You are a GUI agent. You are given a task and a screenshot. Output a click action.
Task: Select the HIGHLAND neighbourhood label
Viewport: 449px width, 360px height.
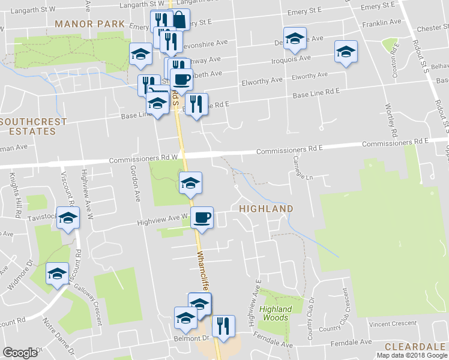266,209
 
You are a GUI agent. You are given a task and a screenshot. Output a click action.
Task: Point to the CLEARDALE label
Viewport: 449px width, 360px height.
416,347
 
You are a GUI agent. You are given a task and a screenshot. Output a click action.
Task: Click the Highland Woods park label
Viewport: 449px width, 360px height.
276,313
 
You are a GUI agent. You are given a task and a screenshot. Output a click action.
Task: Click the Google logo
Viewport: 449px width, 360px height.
20,353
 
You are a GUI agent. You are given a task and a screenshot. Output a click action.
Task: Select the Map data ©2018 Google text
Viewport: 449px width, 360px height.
412,355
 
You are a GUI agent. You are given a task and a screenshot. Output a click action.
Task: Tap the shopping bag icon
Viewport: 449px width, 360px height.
178,20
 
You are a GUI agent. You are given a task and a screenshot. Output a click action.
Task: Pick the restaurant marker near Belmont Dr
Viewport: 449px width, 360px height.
223,326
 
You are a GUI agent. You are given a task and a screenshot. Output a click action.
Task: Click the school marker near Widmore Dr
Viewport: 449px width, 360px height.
58,275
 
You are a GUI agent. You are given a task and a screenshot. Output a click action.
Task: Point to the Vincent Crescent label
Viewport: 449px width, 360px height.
393,323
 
